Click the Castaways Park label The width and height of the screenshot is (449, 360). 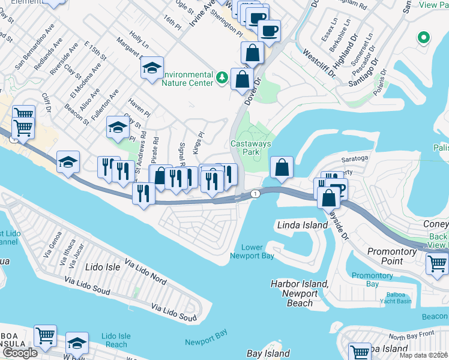tap(251, 148)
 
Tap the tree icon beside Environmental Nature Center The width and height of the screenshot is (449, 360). tap(222, 77)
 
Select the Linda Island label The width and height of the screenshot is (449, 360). tap(302, 225)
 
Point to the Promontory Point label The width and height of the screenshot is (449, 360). tap(393, 256)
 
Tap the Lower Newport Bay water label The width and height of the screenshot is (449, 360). tap(252, 252)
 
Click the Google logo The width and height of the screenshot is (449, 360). tap(20, 353)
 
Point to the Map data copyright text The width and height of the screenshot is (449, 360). tap(424, 355)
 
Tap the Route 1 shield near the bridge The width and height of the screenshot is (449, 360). tap(256, 193)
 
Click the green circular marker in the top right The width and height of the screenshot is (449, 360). tap(424, 38)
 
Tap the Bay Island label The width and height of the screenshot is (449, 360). tap(268, 354)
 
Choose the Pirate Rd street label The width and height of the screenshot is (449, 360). tap(155, 150)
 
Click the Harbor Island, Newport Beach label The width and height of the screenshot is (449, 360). tap(300, 293)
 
